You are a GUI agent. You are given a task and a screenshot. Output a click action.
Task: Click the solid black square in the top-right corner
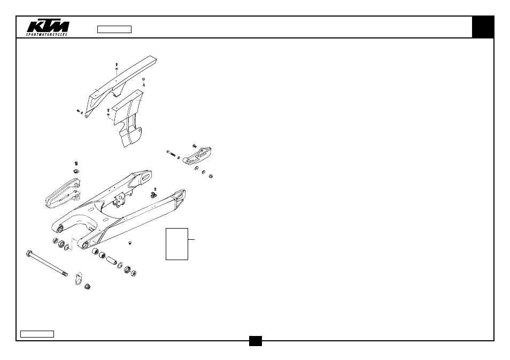coord(483,27)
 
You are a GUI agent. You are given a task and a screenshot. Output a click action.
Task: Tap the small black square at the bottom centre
coord(256,341)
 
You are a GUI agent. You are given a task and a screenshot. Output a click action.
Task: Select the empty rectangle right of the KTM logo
coord(114,29)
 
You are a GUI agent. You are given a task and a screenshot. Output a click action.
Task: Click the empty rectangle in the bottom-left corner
coord(37,334)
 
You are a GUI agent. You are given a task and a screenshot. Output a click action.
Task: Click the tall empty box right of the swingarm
coord(177,244)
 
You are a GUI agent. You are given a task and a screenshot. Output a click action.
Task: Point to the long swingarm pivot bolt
coord(47,263)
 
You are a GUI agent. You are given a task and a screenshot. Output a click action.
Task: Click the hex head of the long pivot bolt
coord(29,253)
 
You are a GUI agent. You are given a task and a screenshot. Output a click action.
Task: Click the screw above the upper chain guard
coord(117,65)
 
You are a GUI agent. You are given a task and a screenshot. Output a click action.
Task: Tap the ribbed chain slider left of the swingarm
coord(63,193)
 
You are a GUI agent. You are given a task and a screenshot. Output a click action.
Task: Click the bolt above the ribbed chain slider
coord(76,163)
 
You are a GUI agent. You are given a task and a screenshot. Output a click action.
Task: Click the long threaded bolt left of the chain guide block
coord(171,153)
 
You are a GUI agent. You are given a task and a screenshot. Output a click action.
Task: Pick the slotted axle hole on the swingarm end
coord(146,177)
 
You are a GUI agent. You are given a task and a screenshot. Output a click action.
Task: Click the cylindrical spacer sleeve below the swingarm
coord(111,260)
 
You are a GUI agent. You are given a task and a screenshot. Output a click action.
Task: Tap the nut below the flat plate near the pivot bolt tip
coord(87,287)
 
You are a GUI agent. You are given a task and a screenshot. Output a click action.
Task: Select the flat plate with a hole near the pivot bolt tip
coord(79,278)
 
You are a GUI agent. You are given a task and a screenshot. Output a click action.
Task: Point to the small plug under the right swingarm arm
coord(130,242)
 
